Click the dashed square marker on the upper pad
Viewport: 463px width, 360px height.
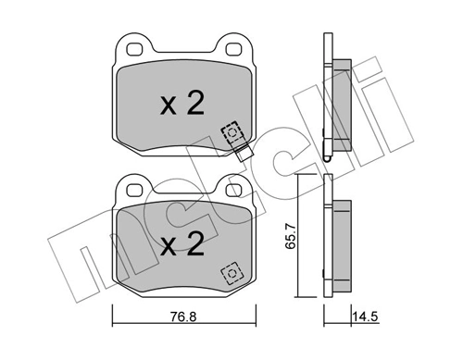(230, 132)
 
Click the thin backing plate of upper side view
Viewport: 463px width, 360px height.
(327, 93)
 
